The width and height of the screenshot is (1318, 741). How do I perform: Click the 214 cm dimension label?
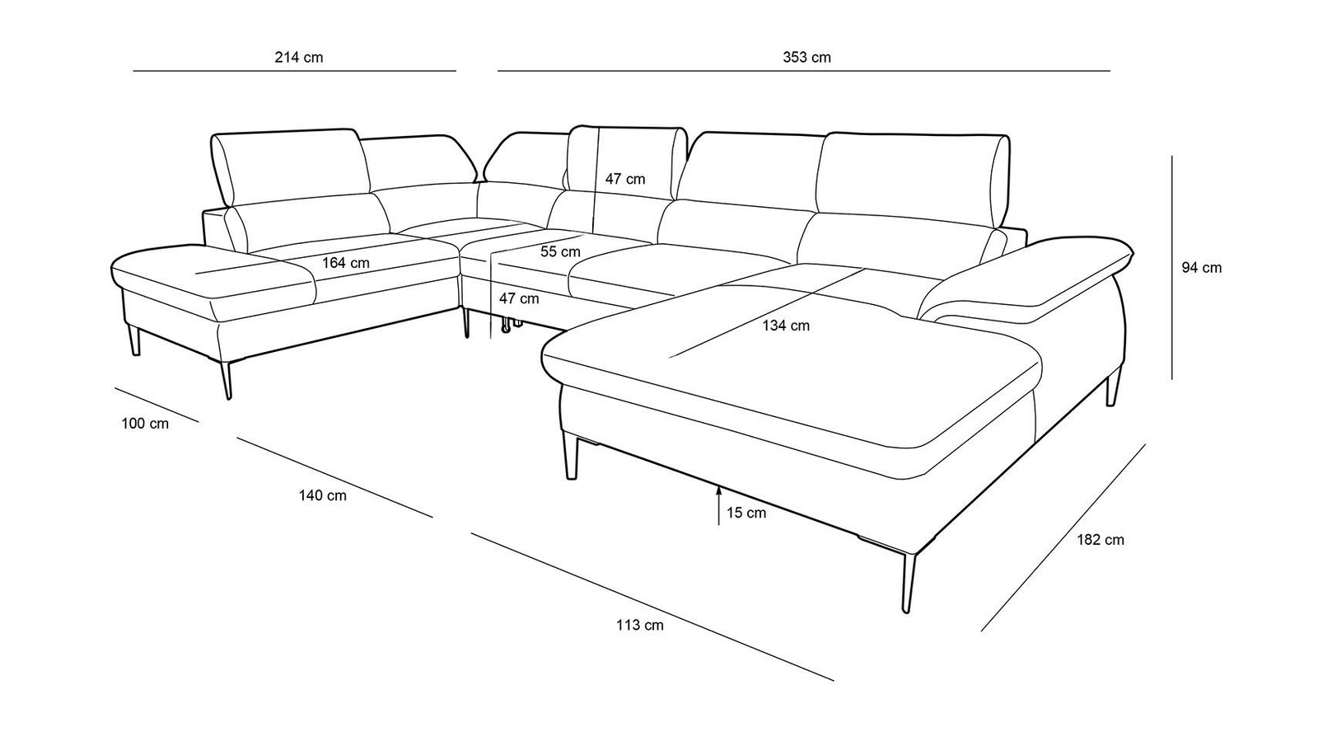pyautogui.click(x=298, y=58)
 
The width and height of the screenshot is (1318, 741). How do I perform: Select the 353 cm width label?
pyautogui.click(x=806, y=58)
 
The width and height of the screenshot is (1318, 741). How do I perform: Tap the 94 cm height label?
pyautogui.click(x=1201, y=268)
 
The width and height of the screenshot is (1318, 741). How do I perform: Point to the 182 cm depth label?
pyautogui.click(x=1100, y=540)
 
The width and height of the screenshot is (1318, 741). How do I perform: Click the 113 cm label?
pyautogui.click(x=639, y=625)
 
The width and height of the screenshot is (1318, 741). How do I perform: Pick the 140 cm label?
pyautogui.click(x=322, y=495)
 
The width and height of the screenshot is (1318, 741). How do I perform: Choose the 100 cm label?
pyautogui.click(x=145, y=424)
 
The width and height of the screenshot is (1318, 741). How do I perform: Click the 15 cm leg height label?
pyautogui.click(x=745, y=513)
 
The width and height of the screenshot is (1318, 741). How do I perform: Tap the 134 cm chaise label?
pyautogui.click(x=785, y=326)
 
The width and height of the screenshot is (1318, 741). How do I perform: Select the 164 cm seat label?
pyautogui.click(x=345, y=263)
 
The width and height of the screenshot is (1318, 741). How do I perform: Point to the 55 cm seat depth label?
pyautogui.click(x=560, y=251)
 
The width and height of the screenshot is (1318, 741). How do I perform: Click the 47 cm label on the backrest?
pyautogui.click(x=625, y=179)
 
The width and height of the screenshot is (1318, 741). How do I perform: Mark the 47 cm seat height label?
pyautogui.click(x=519, y=298)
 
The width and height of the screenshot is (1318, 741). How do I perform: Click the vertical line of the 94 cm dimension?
pyautogui.click(x=1171, y=268)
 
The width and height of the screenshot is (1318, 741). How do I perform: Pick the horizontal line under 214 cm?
pyautogui.click(x=294, y=72)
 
